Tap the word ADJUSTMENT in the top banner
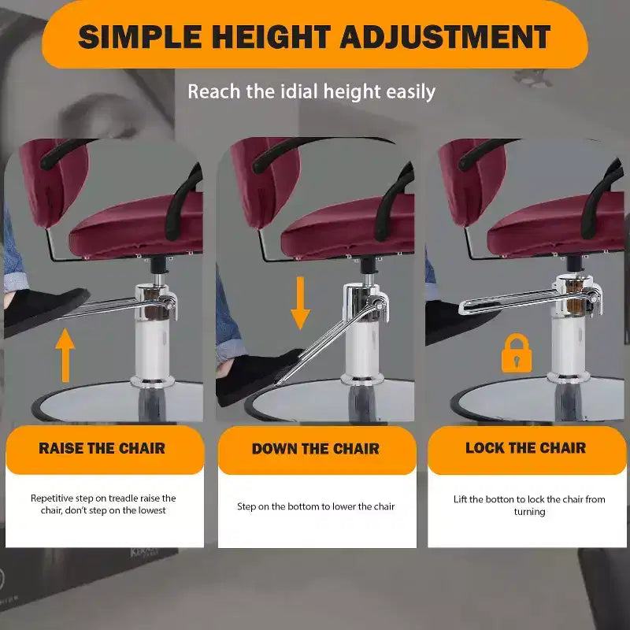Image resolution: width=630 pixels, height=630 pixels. pos(445,36)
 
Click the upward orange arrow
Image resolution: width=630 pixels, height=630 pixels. pos(65,355)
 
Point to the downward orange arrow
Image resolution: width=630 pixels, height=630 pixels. pos(300,303)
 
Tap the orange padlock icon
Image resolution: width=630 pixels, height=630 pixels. pos(517,353)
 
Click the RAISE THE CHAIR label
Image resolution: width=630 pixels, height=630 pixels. pos(102,448)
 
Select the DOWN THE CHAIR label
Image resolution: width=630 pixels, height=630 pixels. pos(316,448)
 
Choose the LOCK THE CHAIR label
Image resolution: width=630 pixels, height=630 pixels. pos(525,447)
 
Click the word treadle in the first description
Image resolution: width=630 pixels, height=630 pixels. pos(123,498)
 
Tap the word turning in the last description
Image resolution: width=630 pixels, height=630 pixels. pos(529,511)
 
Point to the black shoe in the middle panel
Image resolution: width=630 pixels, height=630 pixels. pos(258,376)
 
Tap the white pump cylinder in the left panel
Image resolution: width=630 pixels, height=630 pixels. pos(153,349)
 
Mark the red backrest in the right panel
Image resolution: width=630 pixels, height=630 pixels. pos(472,183)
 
